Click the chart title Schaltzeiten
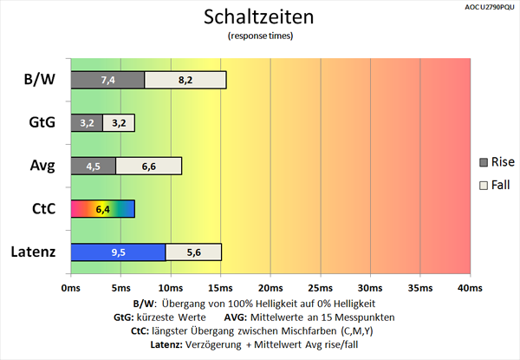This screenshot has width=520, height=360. [x=260, y=17]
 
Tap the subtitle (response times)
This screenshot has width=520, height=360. [x=260, y=36]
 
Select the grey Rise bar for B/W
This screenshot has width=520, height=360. [x=107, y=80]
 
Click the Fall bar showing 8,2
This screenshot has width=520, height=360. [x=185, y=80]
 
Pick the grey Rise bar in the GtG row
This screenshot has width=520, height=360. [x=86, y=122]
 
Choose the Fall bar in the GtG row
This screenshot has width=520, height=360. [x=118, y=122]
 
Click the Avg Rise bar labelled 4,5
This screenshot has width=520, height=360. [x=93, y=166]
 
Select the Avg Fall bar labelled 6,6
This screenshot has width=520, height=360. [x=148, y=166]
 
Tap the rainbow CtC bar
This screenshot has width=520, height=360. [x=102, y=208]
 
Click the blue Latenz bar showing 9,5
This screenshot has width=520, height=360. [x=118, y=252]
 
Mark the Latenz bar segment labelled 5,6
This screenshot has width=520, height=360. [x=193, y=252]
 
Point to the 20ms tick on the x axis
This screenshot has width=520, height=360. [x=270, y=287]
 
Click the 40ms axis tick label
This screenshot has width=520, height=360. [x=469, y=287]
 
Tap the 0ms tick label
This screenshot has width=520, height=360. [x=70, y=287]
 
